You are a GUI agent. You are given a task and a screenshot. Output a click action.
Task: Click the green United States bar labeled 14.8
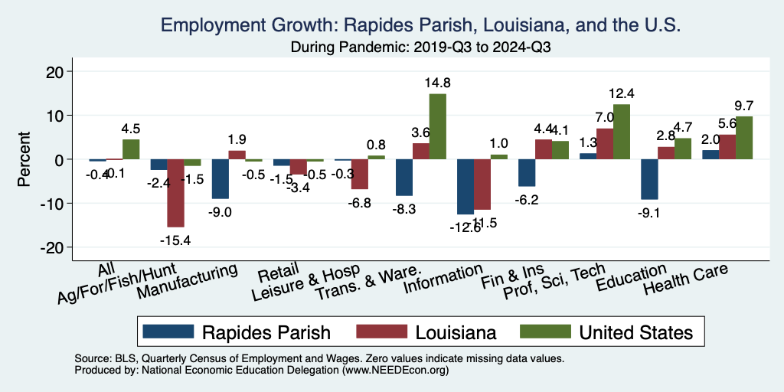[437, 126]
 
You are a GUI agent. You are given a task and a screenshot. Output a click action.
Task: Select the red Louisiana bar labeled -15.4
[175, 193]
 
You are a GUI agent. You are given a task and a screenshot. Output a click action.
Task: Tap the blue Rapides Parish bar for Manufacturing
[220, 179]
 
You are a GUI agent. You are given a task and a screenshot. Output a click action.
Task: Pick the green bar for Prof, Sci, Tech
[621, 132]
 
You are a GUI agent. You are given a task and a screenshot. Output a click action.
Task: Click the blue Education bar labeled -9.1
[649, 179]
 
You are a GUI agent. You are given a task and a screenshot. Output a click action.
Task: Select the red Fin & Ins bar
[543, 149]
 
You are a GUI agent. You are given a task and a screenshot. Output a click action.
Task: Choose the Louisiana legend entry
[427, 332]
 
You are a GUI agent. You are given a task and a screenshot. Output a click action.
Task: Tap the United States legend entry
[606, 332]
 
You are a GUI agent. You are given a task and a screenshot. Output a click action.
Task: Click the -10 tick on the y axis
[56, 204]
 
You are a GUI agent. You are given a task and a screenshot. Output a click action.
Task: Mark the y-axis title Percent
[24, 159]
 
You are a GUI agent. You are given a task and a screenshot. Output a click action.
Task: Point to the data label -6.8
[359, 203]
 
